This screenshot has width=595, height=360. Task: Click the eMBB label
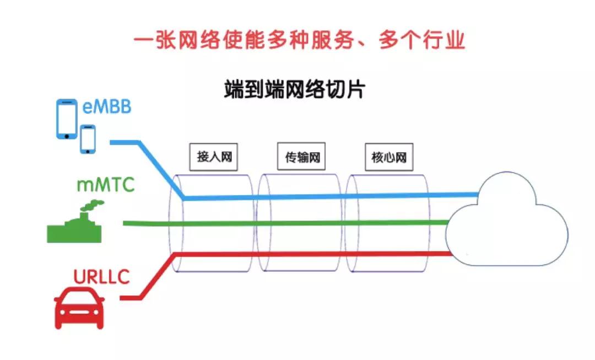(107, 106)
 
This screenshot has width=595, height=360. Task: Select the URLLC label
(101, 276)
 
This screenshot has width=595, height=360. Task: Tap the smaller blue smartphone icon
(88, 138)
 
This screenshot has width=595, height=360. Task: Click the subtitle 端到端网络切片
(294, 89)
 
